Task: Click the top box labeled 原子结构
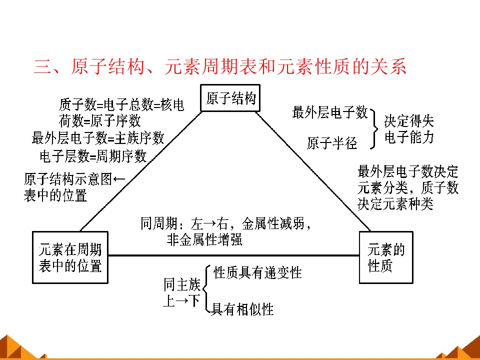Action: pos(230,98)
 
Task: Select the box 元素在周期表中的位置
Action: pos(70,257)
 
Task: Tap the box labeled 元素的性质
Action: pos(386,257)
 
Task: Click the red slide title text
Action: pos(220,66)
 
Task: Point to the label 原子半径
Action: pos(332,143)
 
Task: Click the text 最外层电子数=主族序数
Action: pos(98,138)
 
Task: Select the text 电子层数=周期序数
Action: pos(93,156)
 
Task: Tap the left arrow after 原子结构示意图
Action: pos(119,179)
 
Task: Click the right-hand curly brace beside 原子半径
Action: pos(374,129)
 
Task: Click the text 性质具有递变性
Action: pos(257,272)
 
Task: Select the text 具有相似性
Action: pos(242,309)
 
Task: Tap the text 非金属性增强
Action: pos(204,239)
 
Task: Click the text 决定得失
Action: pos(408,121)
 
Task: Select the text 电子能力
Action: pos(409,137)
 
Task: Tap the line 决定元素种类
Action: pos(395,203)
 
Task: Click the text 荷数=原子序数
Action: pos(100,120)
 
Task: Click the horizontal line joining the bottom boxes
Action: pos(233,255)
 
